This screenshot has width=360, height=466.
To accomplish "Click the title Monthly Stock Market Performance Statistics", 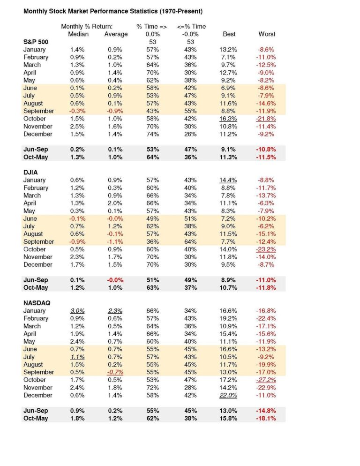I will (x=106, y=10).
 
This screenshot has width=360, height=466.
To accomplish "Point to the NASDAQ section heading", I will (x=38, y=302).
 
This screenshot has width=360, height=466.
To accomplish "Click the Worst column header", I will (x=267, y=34).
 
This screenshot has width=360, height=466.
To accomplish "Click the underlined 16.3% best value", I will (x=228, y=119).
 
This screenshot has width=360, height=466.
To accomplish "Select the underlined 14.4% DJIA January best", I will (x=228, y=180).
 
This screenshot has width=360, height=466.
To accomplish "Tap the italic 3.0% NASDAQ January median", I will (x=77, y=310).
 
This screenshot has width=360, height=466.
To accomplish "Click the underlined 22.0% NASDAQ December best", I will (x=228, y=395).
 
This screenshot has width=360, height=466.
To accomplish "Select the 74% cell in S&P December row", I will (x=152, y=134).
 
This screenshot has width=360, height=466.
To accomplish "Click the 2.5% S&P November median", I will (x=77, y=127).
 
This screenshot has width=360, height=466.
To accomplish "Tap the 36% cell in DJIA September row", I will (x=152, y=241).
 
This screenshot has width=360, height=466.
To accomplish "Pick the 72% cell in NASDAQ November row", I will (x=152, y=388).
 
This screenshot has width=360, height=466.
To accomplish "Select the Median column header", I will (x=78, y=34).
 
